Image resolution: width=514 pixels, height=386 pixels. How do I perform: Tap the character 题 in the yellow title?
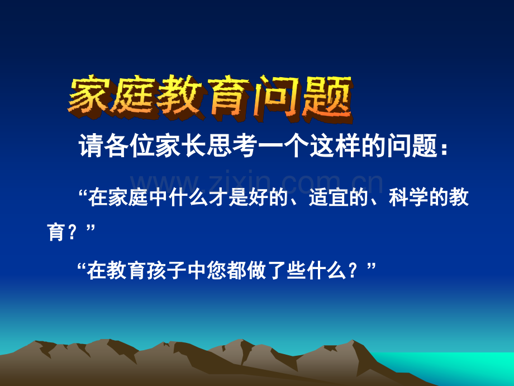point(328,98)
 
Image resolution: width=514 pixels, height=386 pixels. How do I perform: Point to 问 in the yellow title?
point(279,98)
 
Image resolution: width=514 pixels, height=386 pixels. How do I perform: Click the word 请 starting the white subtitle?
point(91,145)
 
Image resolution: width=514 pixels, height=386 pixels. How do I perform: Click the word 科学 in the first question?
point(409,197)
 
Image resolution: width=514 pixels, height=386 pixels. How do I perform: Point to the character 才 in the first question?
point(218,197)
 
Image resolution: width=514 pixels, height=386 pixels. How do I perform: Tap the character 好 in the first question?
point(259,197)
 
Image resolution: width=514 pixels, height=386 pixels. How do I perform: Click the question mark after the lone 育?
point(72,232)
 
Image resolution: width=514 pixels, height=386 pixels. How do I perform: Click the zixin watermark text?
point(256,182)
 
